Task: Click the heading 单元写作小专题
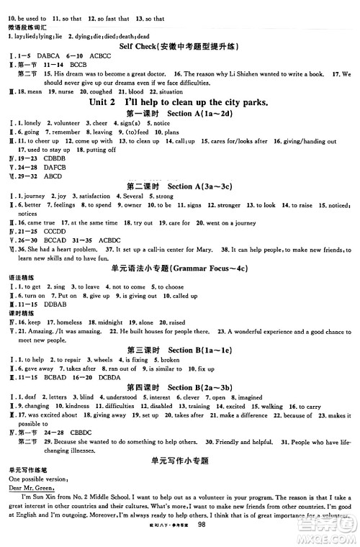[x=180, y=458]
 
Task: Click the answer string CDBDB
[x=56, y=158]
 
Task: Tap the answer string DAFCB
[x=56, y=167]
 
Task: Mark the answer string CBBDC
[x=79, y=433]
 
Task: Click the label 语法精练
[x=20, y=277]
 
